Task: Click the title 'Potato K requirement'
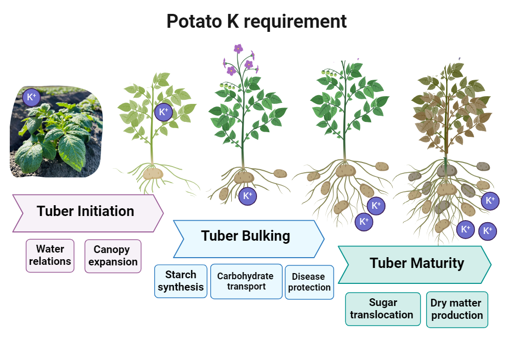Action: pyautogui.click(x=256, y=21)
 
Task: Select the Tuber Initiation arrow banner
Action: pyautogui.click(x=86, y=212)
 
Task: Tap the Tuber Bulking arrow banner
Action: pyautogui.click(x=247, y=238)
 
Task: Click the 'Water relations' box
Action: pyautogui.click(x=50, y=256)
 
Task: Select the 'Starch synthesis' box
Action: pyautogui.click(x=180, y=281)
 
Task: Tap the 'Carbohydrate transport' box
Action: pyautogui.click(x=246, y=281)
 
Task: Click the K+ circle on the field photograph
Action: pyautogui.click(x=31, y=97)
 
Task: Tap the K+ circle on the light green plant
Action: pyautogui.click(x=163, y=112)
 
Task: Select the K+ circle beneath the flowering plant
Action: pyautogui.click(x=247, y=196)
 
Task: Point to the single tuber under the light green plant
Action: pyautogui.click(x=153, y=173)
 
